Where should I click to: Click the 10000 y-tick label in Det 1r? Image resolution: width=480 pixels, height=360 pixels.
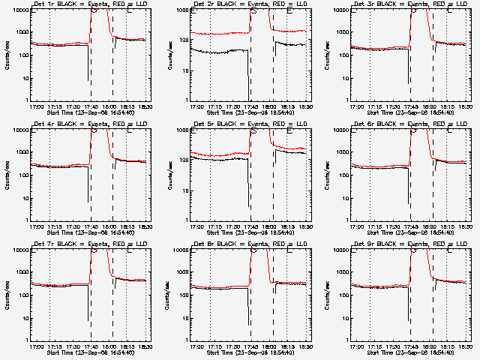click(x=19, y=10)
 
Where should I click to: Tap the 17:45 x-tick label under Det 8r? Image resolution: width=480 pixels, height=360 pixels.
click(x=251, y=346)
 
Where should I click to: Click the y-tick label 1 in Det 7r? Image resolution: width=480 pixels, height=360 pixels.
click(x=26, y=340)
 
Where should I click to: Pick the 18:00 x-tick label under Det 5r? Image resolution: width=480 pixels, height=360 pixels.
click(x=269, y=226)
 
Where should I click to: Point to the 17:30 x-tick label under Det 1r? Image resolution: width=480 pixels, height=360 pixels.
click(x=73, y=106)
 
